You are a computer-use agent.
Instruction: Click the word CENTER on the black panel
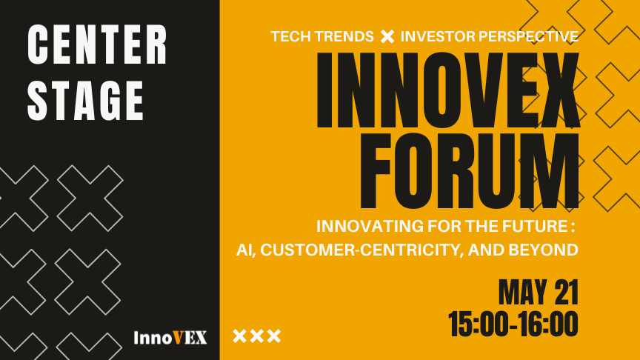[97, 46]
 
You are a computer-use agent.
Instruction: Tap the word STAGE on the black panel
[86, 99]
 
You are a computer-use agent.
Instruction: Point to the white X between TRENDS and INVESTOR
[387, 36]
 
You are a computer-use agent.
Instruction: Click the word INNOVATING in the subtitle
[364, 224]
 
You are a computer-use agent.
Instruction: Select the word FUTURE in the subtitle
[541, 224]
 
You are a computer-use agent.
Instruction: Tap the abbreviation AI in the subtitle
[241, 250]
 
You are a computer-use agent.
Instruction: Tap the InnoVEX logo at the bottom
[170, 338]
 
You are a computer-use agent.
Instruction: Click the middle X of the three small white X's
[257, 336]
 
